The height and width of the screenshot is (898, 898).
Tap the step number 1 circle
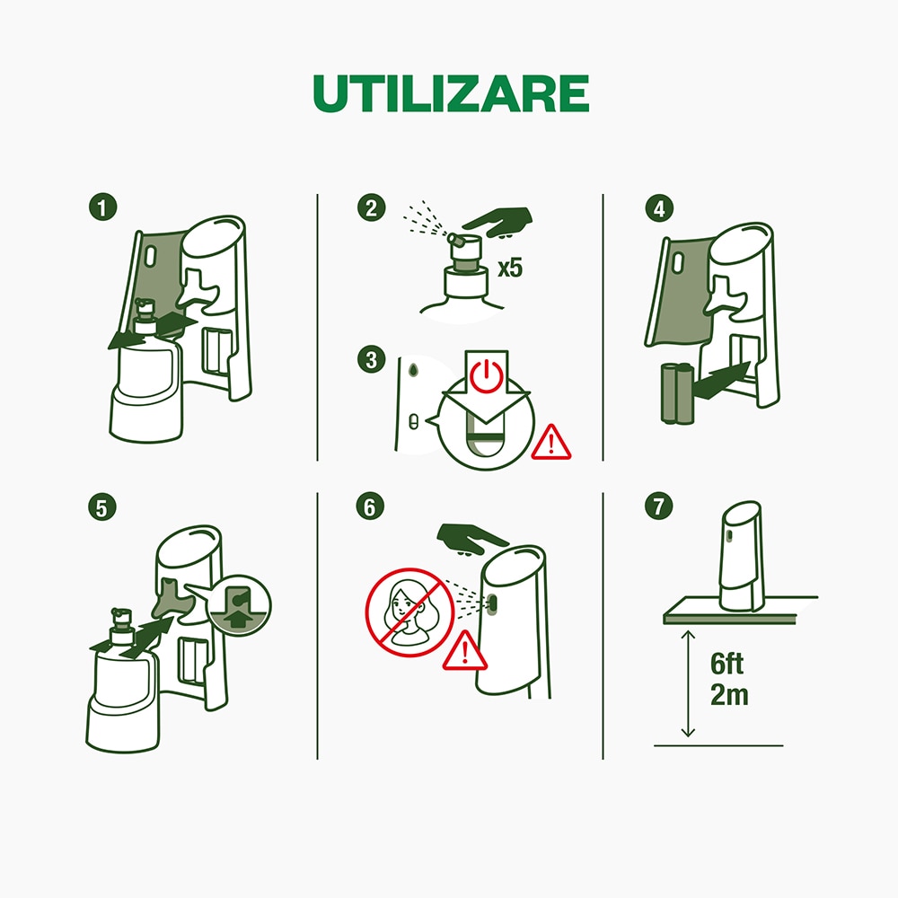coord(103,207)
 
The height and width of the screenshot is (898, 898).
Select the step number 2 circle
coord(369,208)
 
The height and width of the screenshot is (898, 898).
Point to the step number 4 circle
coord(659,208)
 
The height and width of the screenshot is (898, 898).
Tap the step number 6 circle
coord(368,506)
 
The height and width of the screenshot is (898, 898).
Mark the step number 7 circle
coord(659,506)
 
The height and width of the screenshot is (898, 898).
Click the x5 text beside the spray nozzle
coord(509,268)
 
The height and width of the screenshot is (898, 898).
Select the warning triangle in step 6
coord(464,649)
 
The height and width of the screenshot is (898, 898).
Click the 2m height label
coord(729,694)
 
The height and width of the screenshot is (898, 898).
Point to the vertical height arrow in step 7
coord(688,682)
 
